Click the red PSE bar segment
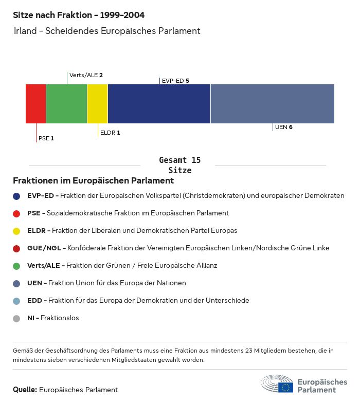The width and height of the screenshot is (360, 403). coord(35,104)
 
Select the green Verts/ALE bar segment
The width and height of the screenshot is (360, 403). coord(66,104)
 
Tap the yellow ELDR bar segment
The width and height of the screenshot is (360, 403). coord(97,104)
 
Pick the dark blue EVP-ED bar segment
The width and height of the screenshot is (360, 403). coord(159,104)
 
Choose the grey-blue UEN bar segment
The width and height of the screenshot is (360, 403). coord(272,104)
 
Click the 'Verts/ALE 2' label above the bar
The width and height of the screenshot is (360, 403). coord(86,75)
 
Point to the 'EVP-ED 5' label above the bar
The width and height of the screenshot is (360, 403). coord(175,81)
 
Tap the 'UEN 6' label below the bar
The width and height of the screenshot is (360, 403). coord(283,127)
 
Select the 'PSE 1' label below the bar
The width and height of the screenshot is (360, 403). coord(46,138)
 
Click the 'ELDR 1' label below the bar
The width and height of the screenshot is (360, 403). coord(110,133)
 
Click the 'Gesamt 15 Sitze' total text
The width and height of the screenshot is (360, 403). coord(180,165)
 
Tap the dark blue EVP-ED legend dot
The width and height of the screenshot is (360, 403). coord(16,196)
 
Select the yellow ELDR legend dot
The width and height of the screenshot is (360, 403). coord(16,231)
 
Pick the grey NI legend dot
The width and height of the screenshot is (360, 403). coord(16,318)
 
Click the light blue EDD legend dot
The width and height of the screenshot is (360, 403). coord(16,301)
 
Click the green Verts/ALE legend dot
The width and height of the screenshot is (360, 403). coord(16,266)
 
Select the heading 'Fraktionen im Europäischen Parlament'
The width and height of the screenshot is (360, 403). coord(93,181)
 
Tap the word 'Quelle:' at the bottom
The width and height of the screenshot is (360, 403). coord(25,390)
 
